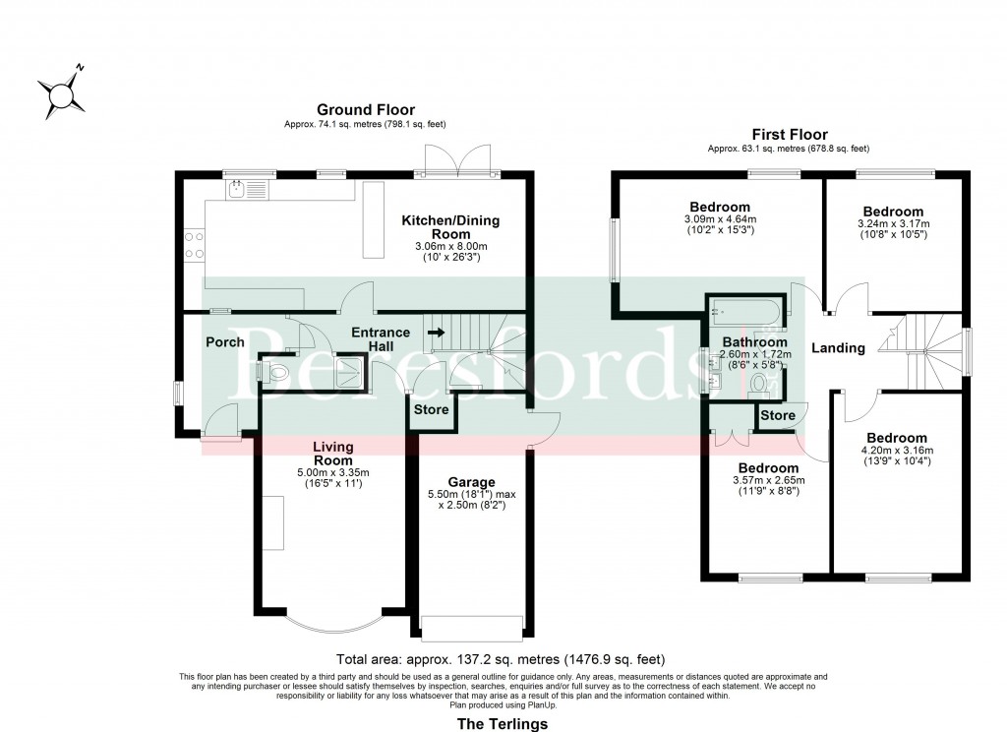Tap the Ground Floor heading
tap(365, 110)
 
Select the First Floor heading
tap(789, 135)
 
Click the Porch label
tap(225, 342)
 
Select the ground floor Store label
tap(431, 409)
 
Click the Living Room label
tap(332, 454)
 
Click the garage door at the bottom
tap(471, 628)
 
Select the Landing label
tap(838, 347)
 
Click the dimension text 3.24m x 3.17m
tap(893, 224)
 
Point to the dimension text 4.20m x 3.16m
tap(896, 451)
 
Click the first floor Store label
tap(778, 416)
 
